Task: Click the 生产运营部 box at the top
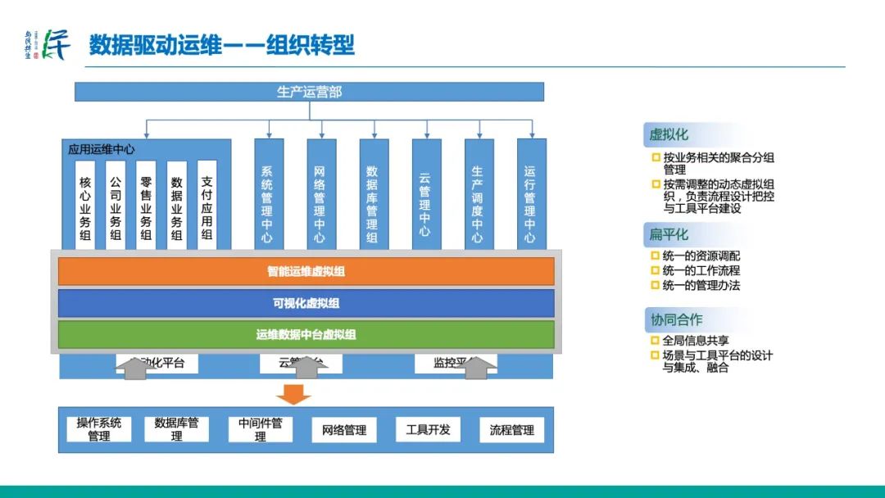click(309, 92)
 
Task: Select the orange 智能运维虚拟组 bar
click(306, 271)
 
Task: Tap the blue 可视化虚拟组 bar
click(306, 303)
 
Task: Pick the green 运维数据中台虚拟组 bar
click(306, 334)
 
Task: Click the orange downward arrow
click(293, 394)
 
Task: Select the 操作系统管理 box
click(99, 429)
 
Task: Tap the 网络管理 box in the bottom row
click(343, 430)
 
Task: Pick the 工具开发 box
click(428, 429)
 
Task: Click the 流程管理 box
click(511, 430)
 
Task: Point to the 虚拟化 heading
click(669, 134)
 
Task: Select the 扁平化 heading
click(669, 235)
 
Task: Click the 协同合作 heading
click(676, 319)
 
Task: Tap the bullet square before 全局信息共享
click(656, 341)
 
